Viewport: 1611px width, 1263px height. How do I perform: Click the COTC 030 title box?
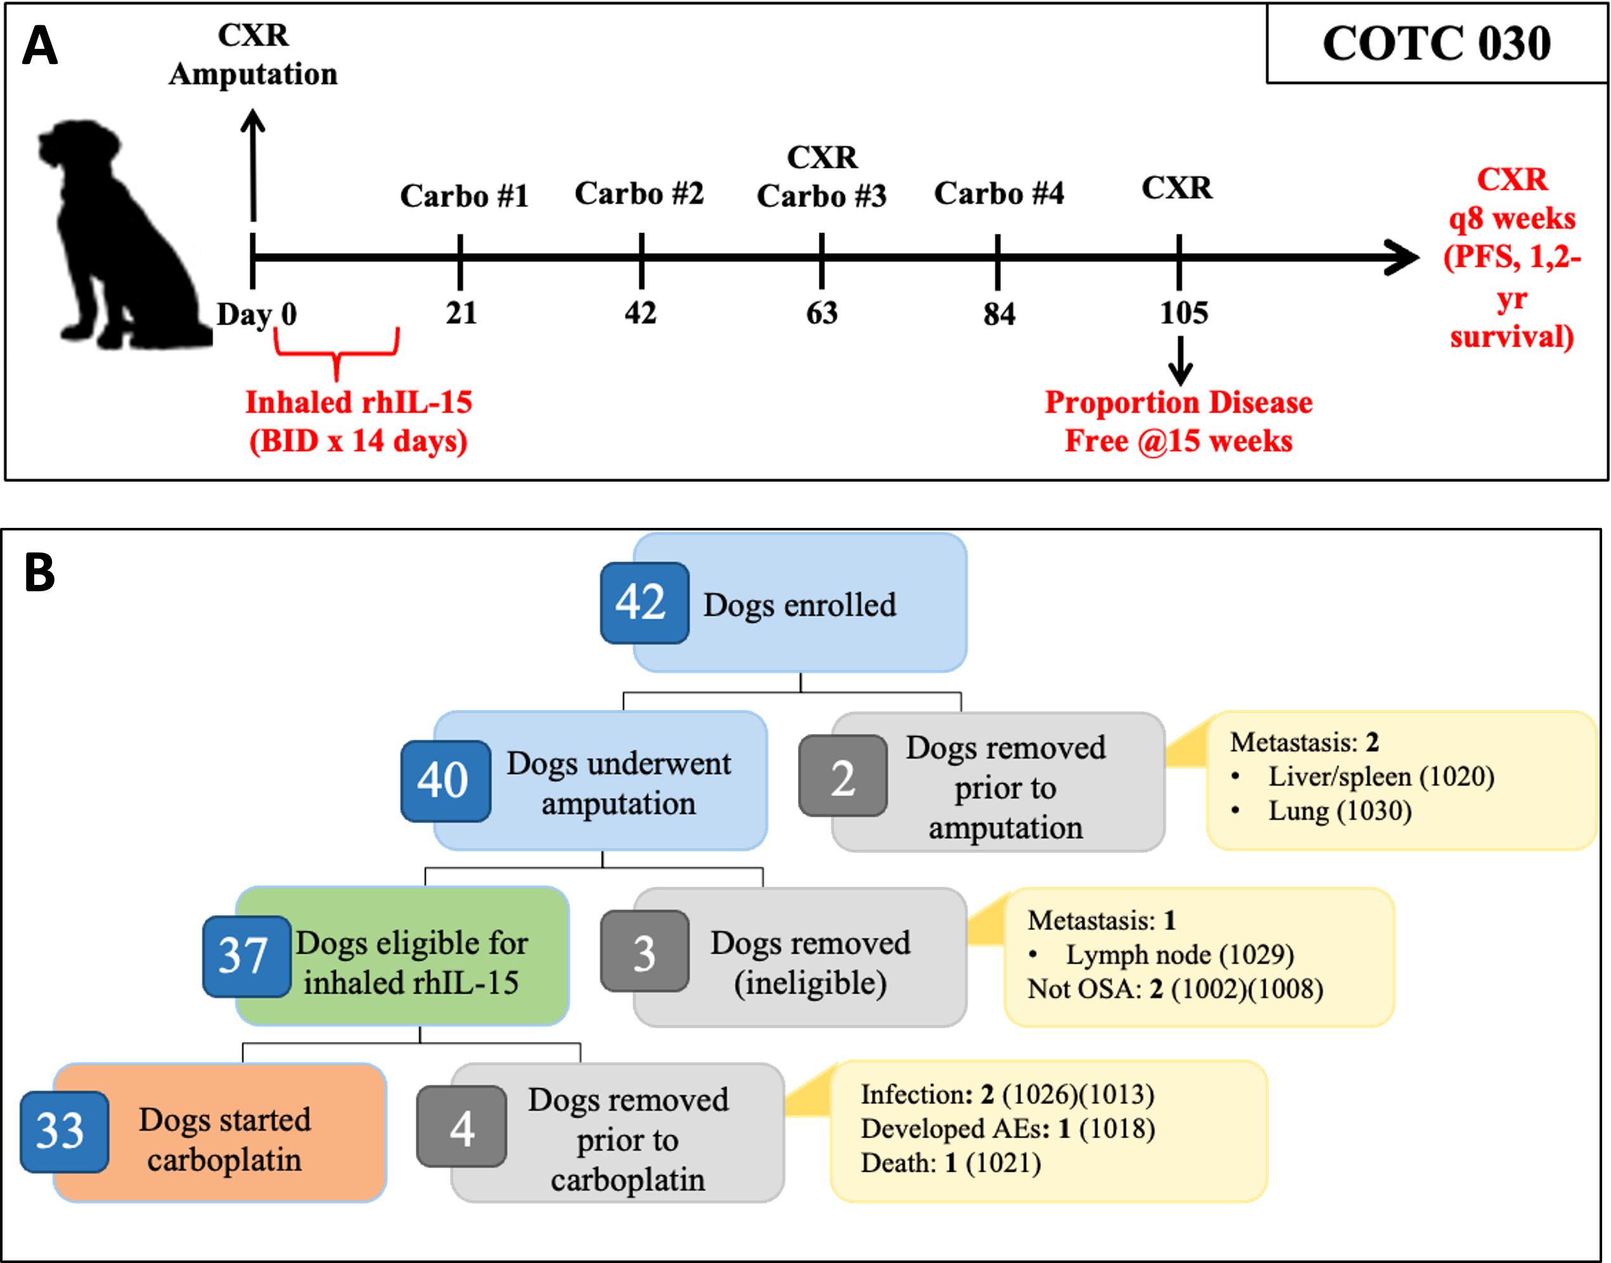1436,43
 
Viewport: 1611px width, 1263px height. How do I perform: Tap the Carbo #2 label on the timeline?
639,194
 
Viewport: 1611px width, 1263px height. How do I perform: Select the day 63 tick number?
821,313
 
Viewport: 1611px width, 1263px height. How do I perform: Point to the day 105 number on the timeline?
1183,313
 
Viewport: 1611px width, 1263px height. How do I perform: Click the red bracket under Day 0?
337,353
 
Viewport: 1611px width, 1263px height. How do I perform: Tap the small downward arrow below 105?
1180,361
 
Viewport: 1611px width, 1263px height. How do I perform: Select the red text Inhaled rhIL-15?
359,403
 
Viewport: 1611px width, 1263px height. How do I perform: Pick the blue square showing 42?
643,602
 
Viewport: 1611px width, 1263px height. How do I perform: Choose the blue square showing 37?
245,956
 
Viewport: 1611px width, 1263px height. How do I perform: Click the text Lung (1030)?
1339,811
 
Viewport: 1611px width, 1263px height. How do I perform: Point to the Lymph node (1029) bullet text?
1179,954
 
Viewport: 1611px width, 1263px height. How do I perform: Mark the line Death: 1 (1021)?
951,1163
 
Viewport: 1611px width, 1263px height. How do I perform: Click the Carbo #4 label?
998,194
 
